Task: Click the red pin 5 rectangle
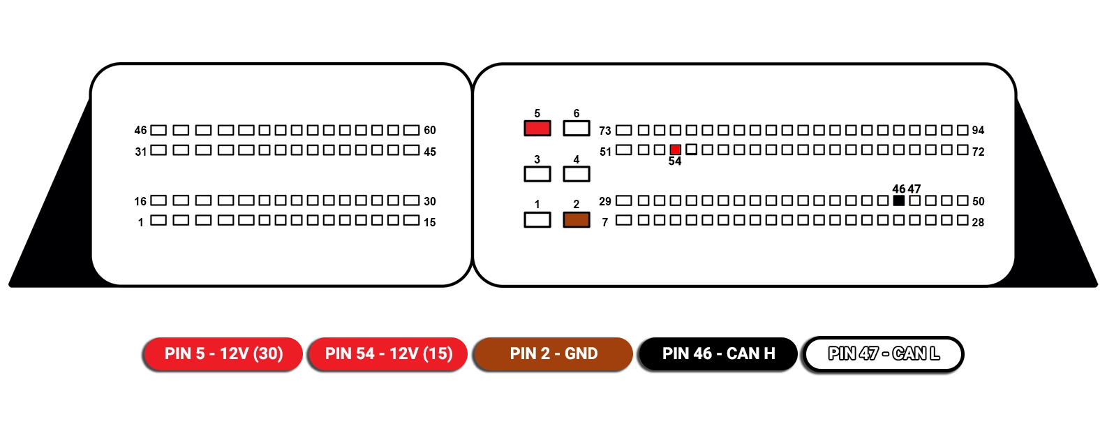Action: tap(537, 129)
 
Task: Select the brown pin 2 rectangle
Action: tap(576, 220)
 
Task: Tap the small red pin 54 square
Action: tap(675, 149)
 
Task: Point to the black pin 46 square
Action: tap(899, 200)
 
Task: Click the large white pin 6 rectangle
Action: tap(576, 129)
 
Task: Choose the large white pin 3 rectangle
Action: tap(537, 174)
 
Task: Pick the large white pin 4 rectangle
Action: tap(576, 174)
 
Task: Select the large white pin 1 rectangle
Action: tap(537, 220)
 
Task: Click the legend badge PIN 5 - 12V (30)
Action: tap(223, 353)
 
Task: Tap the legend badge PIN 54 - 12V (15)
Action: tap(388, 353)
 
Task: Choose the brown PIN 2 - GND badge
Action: tap(553, 353)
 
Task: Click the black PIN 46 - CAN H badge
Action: tap(718, 353)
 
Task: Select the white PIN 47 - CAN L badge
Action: tap(883, 353)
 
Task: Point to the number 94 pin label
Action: tap(978, 131)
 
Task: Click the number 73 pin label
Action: tap(604, 131)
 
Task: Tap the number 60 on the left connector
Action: tap(430, 131)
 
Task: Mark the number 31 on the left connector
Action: tap(141, 152)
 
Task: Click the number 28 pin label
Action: tap(978, 222)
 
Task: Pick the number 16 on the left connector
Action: tap(140, 201)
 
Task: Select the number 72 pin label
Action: tap(978, 152)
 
